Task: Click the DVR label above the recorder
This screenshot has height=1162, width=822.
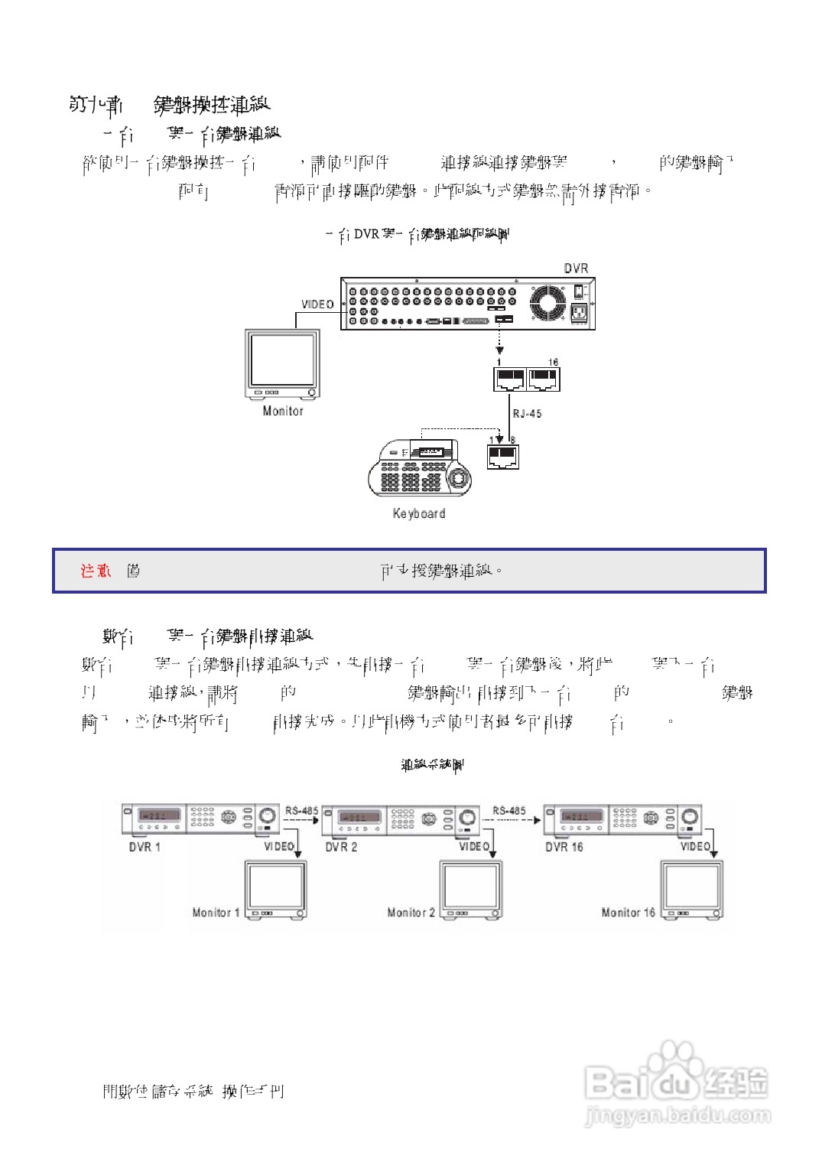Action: click(x=576, y=269)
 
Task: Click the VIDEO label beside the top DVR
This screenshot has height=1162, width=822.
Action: click(x=317, y=304)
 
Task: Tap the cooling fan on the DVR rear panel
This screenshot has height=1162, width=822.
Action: click(x=547, y=304)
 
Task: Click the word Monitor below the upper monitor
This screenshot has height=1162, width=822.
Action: click(x=283, y=411)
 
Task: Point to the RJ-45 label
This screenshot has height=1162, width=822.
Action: click(x=527, y=414)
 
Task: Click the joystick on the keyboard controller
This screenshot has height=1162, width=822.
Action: click(x=459, y=479)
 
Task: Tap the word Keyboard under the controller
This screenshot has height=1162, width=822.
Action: click(x=419, y=513)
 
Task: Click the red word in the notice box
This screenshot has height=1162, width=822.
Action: click(x=96, y=571)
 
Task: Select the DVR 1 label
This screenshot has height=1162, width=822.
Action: click(x=145, y=847)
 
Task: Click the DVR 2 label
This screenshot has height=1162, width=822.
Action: click(x=341, y=847)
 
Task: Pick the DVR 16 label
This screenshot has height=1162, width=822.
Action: click(x=564, y=847)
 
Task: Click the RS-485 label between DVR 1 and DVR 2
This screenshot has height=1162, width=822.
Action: click(x=301, y=811)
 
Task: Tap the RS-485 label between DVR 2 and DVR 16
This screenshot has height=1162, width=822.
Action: click(x=509, y=811)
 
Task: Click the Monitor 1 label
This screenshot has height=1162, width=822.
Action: click(x=216, y=913)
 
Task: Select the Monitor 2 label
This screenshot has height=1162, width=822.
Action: click(x=411, y=913)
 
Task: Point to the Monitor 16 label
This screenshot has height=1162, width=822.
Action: click(x=628, y=913)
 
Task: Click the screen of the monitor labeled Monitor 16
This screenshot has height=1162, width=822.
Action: click(x=691, y=887)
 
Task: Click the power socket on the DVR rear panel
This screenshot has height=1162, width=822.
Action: click(x=579, y=313)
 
